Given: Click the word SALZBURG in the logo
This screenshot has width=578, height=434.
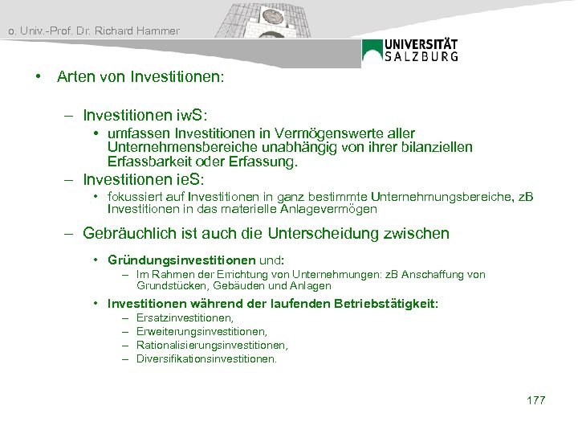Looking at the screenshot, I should click(x=421, y=56).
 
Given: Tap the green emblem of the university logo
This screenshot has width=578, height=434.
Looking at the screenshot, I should click(x=372, y=51).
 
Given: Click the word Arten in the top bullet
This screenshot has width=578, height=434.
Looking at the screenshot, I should click(x=74, y=79).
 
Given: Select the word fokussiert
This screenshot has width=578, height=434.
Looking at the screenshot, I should click(x=134, y=197).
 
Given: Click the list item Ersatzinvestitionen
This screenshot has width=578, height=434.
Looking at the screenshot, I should click(x=185, y=319).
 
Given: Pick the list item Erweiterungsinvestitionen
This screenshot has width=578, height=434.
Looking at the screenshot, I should click(x=201, y=332).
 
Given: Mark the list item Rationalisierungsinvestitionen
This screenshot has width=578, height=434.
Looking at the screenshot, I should click(x=212, y=346).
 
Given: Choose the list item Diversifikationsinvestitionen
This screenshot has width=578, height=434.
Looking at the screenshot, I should click(x=206, y=358).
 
